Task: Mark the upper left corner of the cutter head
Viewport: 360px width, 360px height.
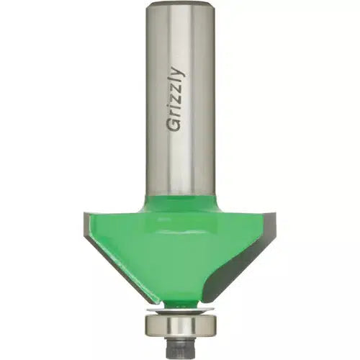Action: [x=86, y=215]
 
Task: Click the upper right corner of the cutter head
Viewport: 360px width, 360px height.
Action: [x=274, y=215]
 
